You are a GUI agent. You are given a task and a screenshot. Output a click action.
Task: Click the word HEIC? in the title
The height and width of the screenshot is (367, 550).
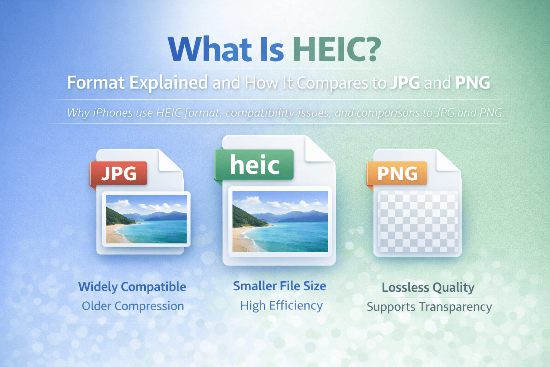pyautogui.click(x=337, y=49)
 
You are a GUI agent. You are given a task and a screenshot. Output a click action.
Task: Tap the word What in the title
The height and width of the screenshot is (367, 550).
pyautogui.click(x=210, y=49)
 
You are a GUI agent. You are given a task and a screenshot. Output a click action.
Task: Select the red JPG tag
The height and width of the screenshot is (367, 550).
pyautogui.click(x=119, y=173)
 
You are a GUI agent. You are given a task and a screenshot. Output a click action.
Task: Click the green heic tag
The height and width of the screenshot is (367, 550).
pyautogui.click(x=254, y=165)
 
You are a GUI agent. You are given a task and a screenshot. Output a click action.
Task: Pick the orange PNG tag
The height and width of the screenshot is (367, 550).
pyautogui.click(x=397, y=173)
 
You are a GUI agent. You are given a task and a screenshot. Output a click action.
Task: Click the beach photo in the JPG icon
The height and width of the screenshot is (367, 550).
pyautogui.click(x=146, y=219)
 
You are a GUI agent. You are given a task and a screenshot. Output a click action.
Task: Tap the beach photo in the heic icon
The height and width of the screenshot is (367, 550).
pyautogui.click(x=280, y=221)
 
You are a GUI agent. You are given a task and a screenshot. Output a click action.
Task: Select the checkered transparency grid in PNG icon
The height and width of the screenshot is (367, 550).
pyautogui.click(x=418, y=221)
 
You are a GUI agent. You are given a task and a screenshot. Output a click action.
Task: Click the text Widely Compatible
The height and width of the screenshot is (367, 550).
pyautogui.click(x=132, y=287)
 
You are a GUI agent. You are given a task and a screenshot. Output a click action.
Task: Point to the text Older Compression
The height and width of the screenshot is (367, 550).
pyautogui.click(x=133, y=306)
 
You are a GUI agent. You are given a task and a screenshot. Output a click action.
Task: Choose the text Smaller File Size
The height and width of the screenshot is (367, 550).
pyautogui.click(x=280, y=286)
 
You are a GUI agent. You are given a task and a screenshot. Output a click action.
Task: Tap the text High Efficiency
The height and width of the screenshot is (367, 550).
pyautogui.click(x=281, y=305)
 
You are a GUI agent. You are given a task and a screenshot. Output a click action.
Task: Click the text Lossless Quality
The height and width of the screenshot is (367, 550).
pyautogui.click(x=428, y=287)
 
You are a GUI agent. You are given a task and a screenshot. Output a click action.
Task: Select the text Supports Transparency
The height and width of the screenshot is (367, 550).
pyautogui.click(x=429, y=307)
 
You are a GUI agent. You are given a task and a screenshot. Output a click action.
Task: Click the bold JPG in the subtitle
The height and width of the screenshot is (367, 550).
pyautogui.click(x=405, y=83)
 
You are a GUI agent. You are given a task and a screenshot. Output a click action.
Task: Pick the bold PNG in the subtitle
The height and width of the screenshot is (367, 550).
pyautogui.click(x=472, y=83)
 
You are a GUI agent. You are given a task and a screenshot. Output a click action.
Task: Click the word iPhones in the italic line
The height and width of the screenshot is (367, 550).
pyautogui.click(x=113, y=113)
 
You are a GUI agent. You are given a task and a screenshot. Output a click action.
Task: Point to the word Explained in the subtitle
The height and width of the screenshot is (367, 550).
pyautogui.click(x=168, y=83)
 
